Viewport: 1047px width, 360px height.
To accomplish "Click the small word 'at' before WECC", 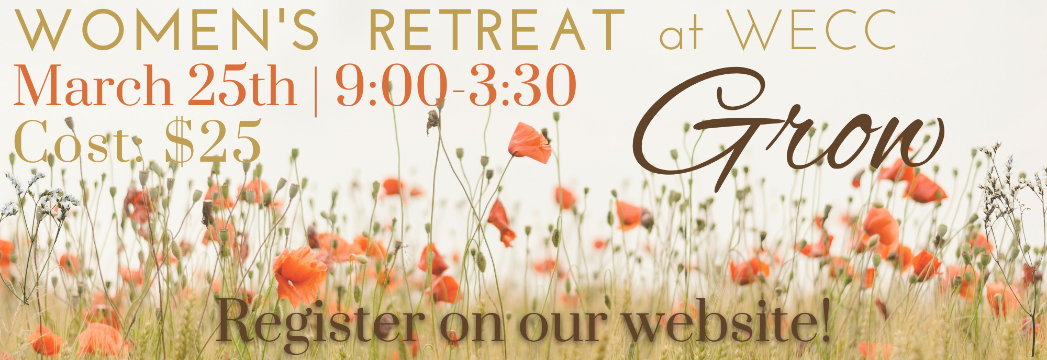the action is (681, 36).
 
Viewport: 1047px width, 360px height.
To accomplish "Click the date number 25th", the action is (242, 84).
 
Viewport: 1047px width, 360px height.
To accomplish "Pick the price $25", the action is (213, 141).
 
